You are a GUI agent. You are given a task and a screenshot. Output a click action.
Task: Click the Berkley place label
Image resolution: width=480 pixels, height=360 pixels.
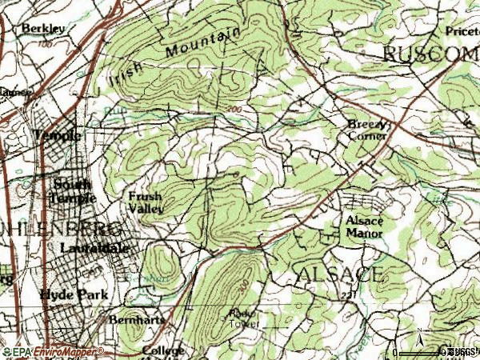pyautogui.click(x=43, y=28)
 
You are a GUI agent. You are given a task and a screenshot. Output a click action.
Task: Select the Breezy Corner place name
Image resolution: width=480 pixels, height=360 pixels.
pyautogui.click(x=367, y=130)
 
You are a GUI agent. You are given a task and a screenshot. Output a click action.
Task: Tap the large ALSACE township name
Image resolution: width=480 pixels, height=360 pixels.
pyautogui.click(x=339, y=274)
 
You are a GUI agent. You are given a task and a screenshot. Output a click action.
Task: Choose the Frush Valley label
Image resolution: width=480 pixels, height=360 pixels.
pyautogui.click(x=146, y=202)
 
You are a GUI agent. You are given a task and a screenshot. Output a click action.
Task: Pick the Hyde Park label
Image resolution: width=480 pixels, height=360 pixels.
pyautogui.click(x=70, y=294)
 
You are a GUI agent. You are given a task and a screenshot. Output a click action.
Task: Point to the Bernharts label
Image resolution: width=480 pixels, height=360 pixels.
pyautogui.click(x=137, y=319)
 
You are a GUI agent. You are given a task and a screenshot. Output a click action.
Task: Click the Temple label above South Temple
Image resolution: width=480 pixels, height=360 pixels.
pyautogui.click(x=58, y=136)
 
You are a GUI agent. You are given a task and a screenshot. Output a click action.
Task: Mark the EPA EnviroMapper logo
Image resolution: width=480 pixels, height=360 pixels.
pyautogui.click(x=53, y=351)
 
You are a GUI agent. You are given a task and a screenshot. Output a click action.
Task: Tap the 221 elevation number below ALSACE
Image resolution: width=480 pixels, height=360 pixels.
pyautogui.click(x=346, y=297)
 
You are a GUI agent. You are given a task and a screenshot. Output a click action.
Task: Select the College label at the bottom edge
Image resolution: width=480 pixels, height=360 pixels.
pyautogui.click(x=163, y=350)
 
